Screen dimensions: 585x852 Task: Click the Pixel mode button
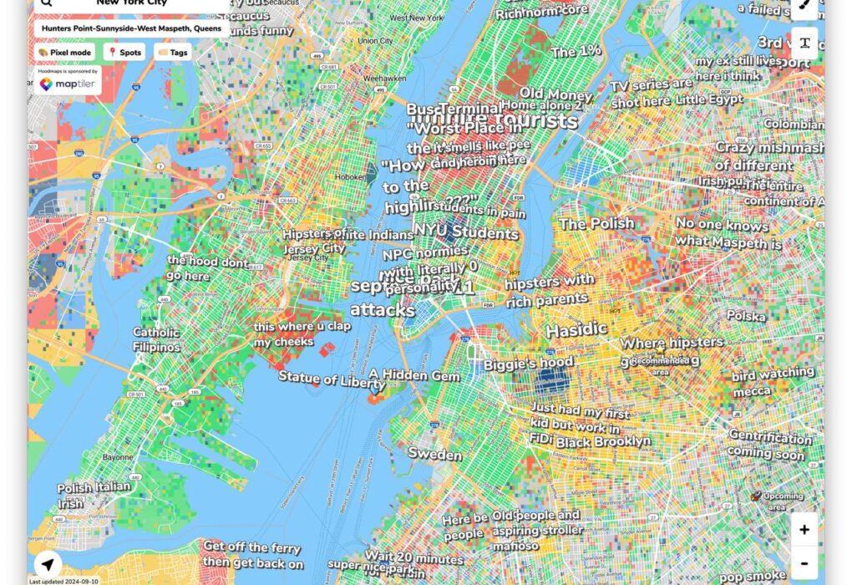click(65, 52)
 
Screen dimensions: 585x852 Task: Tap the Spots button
click(124, 52)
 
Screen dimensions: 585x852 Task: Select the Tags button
click(172, 52)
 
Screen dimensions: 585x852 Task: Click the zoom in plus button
click(804, 529)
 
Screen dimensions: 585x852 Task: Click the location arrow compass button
click(48, 562)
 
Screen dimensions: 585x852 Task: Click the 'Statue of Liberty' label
click(332, 380)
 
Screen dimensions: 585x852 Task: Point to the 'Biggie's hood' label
click(528, 363)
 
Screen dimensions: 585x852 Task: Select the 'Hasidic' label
click(576, 330)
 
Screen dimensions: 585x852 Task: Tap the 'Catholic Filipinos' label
click(157, 339)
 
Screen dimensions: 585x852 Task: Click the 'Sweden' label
click(434, 455)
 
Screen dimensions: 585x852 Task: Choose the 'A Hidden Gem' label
click(415, 376)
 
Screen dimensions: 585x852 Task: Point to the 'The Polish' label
click(596, 224)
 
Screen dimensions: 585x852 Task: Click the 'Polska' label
click(746, 316)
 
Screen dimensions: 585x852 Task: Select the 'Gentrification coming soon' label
click(769, 445)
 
